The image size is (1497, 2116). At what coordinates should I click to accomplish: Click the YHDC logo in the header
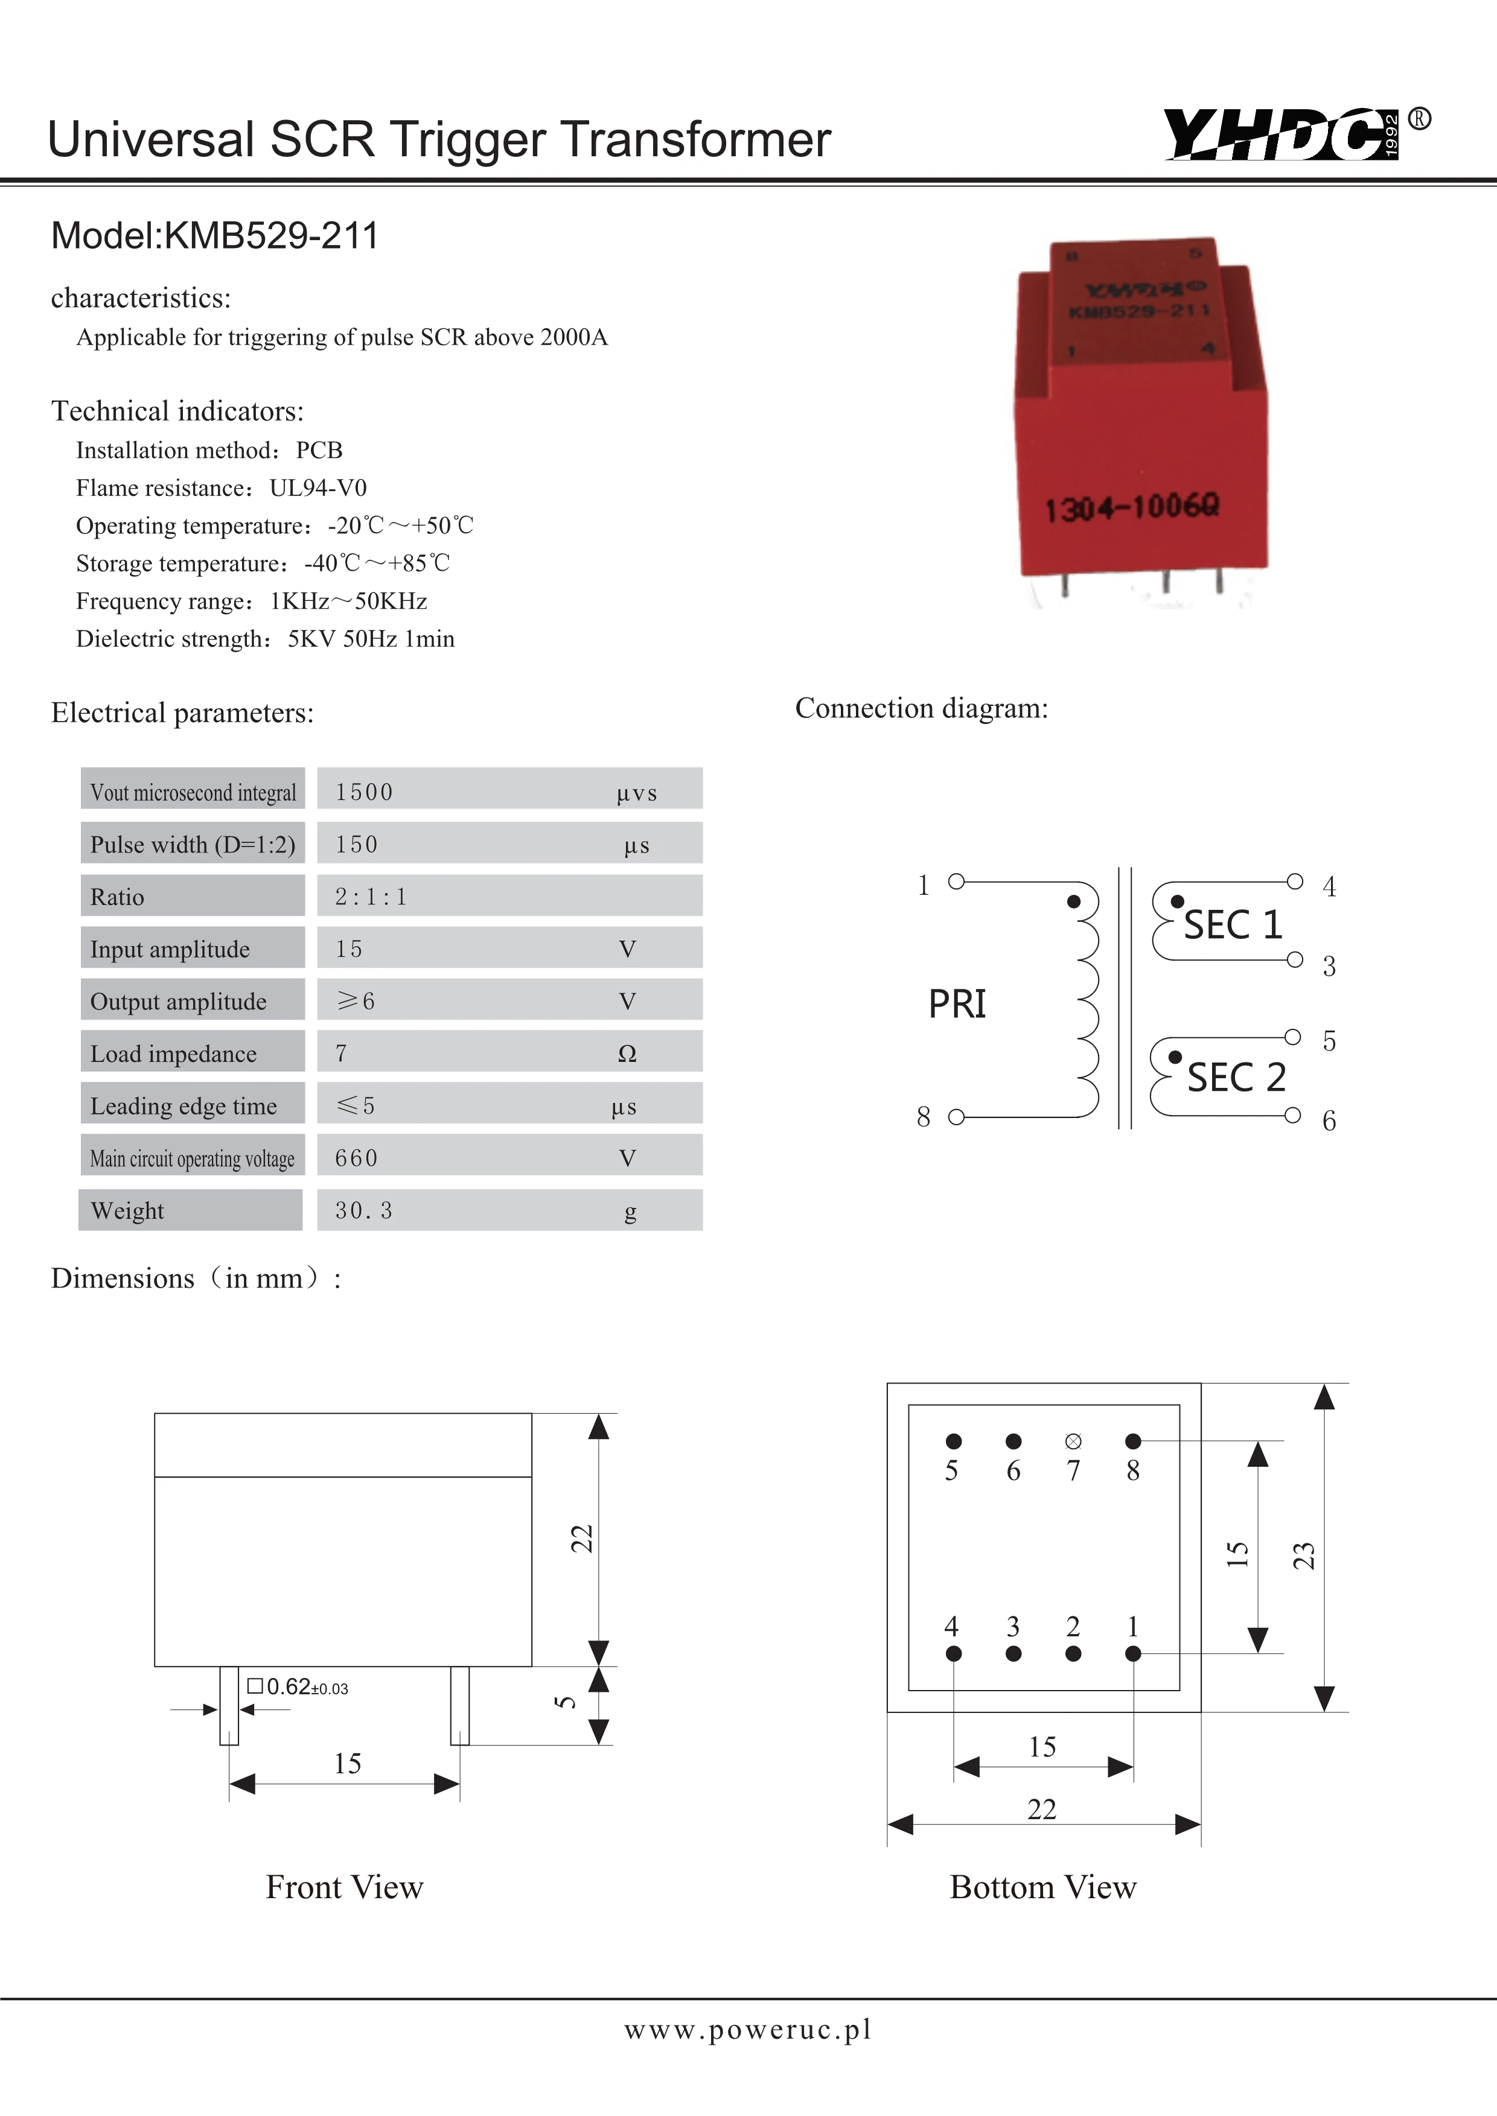pos(1282,136)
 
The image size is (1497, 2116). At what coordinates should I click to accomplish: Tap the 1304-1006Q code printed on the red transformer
pos(1132,506)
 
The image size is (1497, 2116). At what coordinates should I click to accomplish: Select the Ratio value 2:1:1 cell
pos(371,897)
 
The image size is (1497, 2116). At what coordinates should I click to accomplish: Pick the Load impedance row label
pos(173,1053)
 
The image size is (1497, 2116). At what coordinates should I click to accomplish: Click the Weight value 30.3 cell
pos(363,1210)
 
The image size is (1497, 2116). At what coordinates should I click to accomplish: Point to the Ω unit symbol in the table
pos(627,1053)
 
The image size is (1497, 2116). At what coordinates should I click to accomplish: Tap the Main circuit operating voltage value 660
pos(357,1157)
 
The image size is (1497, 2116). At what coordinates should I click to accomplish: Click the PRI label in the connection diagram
pos(957,1003)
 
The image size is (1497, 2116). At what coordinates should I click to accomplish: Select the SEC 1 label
pos(1233,924)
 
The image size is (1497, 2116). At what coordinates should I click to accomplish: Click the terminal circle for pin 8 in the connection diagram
pos(956,1117)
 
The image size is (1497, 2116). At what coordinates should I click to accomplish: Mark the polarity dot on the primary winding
pos(1073,901)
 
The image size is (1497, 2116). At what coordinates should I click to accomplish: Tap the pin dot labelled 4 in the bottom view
pos(953,1653)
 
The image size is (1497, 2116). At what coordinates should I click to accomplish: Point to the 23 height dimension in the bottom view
pos(1303,1555)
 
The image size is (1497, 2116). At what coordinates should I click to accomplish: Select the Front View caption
pos(344,1887)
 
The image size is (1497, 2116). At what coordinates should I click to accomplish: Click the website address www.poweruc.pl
pos(747,2029)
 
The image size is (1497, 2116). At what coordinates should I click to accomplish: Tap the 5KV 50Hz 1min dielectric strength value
pos(371,639)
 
